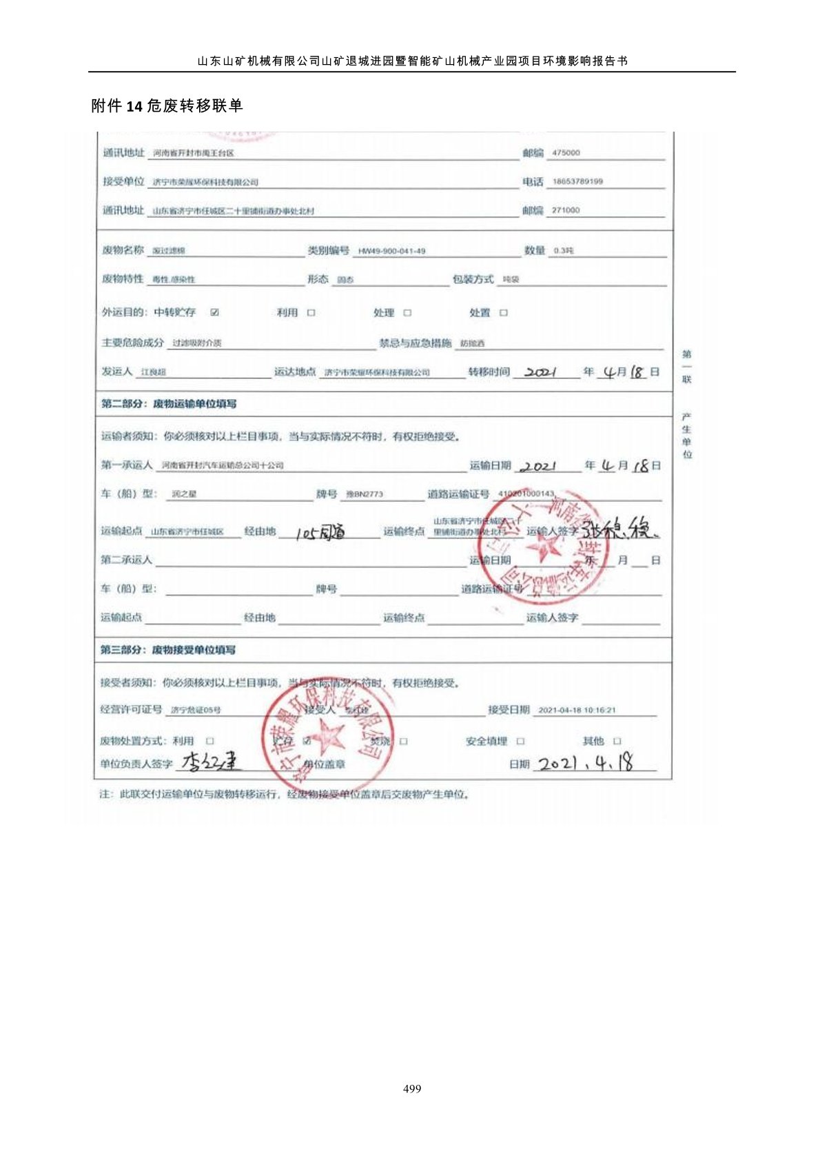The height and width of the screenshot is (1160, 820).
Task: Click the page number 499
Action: [411, 1089]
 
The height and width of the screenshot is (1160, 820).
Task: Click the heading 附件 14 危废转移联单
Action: [167, 105]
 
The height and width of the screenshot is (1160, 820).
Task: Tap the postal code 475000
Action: [566, 153]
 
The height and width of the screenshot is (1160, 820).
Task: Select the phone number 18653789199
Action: [577, 182]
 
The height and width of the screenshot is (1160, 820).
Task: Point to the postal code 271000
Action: [566, 210]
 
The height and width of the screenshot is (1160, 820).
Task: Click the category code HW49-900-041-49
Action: [391, 252]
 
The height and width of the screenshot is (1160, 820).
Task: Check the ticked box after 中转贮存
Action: [215, 313]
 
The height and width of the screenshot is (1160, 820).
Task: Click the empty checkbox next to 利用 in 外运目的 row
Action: [311, 313]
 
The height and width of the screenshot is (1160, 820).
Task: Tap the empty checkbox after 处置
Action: [504, 313]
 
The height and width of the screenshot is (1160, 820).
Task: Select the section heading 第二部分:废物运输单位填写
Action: [169, 404]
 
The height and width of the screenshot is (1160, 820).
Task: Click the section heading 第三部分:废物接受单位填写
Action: [168, 650]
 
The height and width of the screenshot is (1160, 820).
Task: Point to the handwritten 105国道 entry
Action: [320, 532]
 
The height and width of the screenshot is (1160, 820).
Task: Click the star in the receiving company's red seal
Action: [329, 735]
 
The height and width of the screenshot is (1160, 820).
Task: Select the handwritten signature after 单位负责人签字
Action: [212, 762]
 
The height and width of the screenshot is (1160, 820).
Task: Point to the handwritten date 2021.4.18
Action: [585, 763]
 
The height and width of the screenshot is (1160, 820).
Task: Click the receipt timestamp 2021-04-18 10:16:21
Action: [577, 710]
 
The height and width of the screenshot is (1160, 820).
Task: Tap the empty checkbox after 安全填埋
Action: [521, 742]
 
